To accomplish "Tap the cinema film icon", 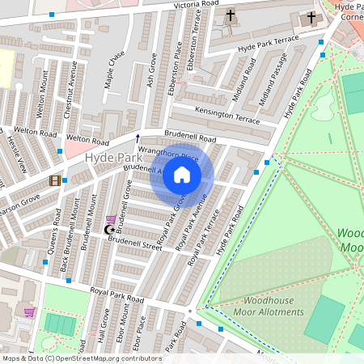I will pyautogui.click(x=55, y=180).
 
